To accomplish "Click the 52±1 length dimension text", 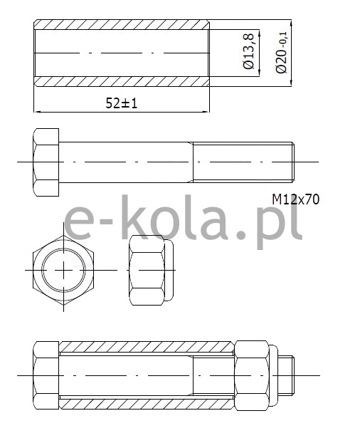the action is (x=122, y=103).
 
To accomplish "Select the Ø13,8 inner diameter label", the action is (x=248, y=51).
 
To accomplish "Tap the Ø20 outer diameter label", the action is (x=281, y=53).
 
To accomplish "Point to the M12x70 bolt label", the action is (x=295, y=199).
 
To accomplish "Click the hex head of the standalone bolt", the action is (x=46, y=162).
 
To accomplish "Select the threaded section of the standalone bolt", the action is (x=243, y=162).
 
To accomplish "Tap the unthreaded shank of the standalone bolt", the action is (x=126, y=162).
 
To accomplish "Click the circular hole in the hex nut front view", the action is (x=63, y=270).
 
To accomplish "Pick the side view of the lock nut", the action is (x=151, y=270).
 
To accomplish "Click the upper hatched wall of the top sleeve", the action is (x=122, y=25).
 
